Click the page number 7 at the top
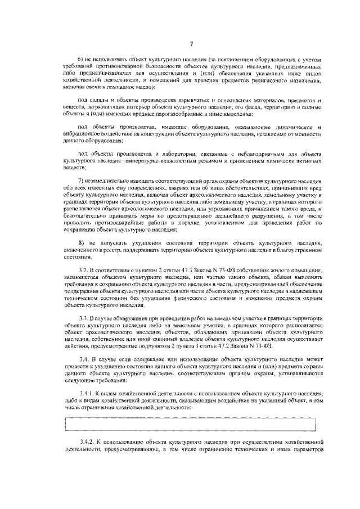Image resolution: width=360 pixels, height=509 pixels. click(192, 44)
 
